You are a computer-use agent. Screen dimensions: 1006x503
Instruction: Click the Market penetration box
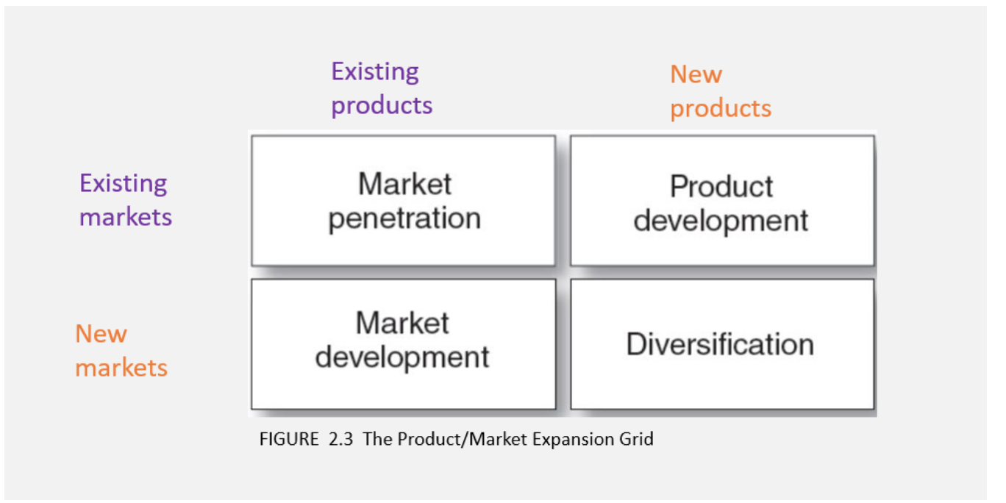pyautogui.click(x=403, y=201)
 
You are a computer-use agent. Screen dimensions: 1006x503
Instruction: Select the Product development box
pyautogui.click(x=722, y=201)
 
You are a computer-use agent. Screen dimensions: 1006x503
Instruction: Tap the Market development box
pyautogui.click(x=403, y=344)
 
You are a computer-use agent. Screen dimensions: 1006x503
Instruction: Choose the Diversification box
pyautogui.click(x=722, y=344)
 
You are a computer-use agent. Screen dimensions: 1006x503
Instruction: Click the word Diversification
pyautogui.click(x=720, y=344)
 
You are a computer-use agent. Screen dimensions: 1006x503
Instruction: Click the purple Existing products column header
pyautogui.click(x=382, y=88)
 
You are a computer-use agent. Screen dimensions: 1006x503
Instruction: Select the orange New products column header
pyautogui.click(x=721, y=92)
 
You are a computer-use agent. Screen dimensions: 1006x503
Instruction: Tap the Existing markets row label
pyautogui.click(x=125, y=200)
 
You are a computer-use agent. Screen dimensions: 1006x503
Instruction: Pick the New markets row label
pyautogui.click(x=121, y=351)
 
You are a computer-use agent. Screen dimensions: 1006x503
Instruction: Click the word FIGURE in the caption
pyautogui.click(x=289, y=439)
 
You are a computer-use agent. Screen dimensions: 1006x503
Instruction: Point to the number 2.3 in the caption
pyautogui.click(x=341, y=439)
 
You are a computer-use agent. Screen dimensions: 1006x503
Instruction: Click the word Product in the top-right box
pyautogui.click(x=721, y=186)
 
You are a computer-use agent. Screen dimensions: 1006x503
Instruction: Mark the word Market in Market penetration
pyautogui.click(x=404, y=184)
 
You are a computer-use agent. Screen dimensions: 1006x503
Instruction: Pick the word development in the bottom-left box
pyautogui.click(x=402, y=358)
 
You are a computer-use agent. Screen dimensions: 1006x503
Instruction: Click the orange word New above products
pyautogui.click(x=696, y=74)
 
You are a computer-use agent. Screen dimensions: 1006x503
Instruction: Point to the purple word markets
pyautogui.click(x=126, y=218)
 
